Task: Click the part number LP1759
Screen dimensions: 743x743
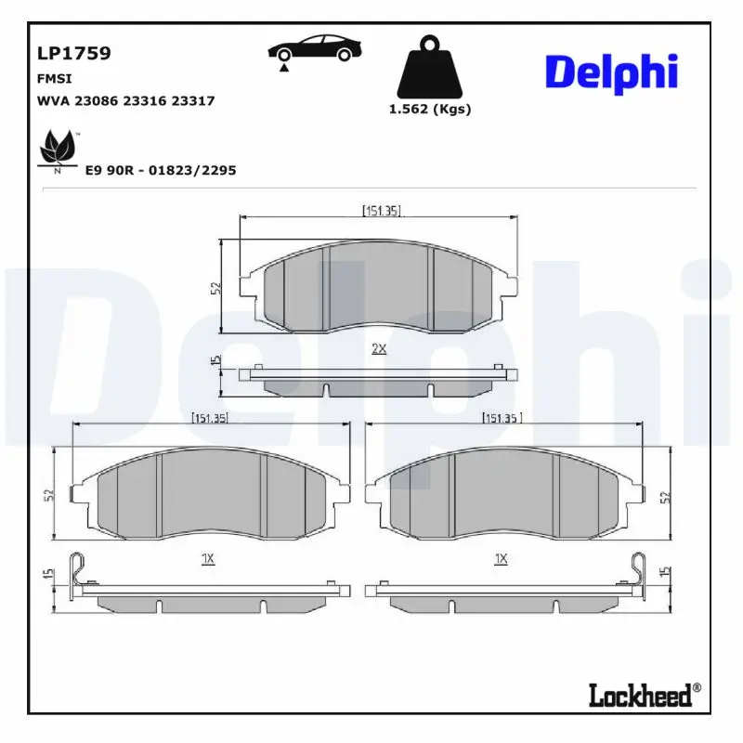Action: coord(73,53)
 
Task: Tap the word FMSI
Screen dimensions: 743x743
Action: coord(54,79)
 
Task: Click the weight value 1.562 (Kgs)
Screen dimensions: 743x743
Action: coord(429,110)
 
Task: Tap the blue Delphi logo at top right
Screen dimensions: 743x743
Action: coord(611,73)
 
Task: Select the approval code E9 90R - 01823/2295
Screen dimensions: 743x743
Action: coord(161,170)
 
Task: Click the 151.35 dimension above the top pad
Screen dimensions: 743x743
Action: coord(381,211)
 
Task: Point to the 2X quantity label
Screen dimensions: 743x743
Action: coord(378,349)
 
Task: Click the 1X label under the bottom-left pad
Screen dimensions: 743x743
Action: coord(208,558)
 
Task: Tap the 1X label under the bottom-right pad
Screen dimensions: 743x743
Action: coord(501,558)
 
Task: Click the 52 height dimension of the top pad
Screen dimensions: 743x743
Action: coord(215,288)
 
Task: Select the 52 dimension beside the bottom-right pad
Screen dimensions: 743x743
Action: coord(665,497)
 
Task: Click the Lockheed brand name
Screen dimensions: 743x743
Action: coord(641,695)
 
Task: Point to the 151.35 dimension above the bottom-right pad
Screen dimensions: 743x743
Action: coord(502,418)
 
